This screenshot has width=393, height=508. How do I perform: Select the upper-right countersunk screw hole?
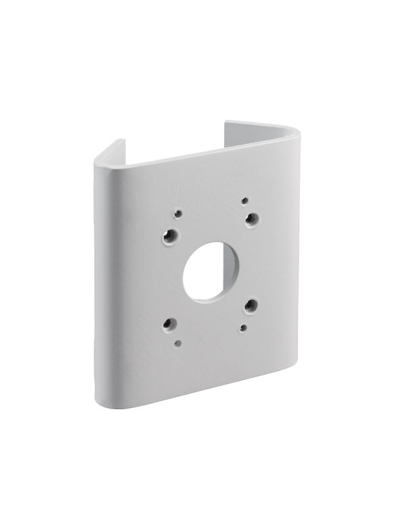click(252, 218)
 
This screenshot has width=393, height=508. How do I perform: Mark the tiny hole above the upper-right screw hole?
click(245, 200)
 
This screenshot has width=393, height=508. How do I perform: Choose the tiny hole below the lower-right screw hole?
click(243, 328)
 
